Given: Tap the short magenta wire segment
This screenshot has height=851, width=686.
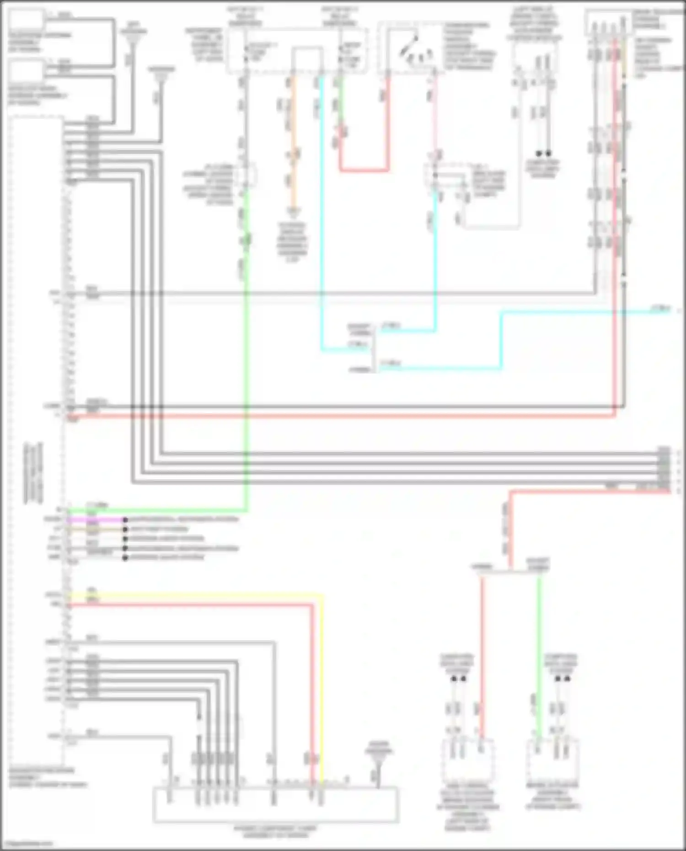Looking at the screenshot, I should coord(96,520).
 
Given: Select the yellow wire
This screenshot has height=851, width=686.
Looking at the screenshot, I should coord(206,595).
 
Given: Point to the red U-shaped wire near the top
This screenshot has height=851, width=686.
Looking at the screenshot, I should coord(364,170).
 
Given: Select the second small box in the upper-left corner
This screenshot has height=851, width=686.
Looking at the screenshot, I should coord(27,70).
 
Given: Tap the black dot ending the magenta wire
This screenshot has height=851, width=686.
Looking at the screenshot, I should coord(125,520).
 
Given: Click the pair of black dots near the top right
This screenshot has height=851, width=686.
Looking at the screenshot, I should coord(543,153).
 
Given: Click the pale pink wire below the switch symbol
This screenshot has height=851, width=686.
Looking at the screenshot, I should coord(435,114).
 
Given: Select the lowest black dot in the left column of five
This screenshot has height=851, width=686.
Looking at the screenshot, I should coord(125,558).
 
